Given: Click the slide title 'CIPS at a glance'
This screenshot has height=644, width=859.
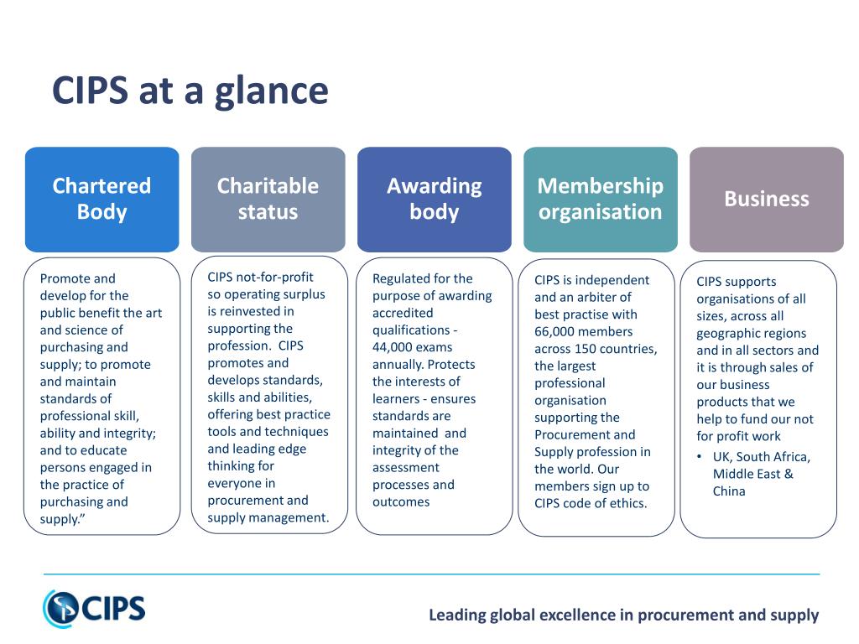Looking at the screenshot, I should (x=190, y=91).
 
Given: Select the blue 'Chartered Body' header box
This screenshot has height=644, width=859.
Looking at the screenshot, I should (x=102, y=199).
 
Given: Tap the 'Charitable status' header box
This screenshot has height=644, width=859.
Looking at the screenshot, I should (x=268, y=199).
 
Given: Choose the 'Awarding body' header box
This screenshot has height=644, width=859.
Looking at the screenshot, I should (x=434, y=199).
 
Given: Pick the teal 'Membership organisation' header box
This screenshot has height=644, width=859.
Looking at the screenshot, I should (x=600, y=199).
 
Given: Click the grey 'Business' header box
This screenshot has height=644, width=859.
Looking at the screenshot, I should (x=766, y=199).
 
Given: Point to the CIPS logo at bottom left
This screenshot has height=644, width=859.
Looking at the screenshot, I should (x=94, y=608).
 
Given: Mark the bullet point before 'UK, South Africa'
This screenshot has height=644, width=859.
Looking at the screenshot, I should (x=700, y=457).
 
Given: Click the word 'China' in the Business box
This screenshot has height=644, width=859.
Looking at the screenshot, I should (x=729, y=491).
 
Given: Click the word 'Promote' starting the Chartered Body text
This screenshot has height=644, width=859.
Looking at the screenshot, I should (x=66, y=278).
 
